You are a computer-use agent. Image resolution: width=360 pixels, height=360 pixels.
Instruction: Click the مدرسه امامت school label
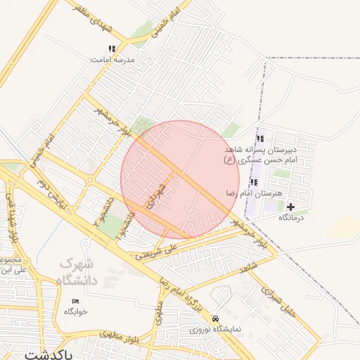pyautogui.click(x=112, y=60)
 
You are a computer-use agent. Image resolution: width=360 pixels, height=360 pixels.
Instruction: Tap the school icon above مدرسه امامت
pyautogui.click(x=112, y=49)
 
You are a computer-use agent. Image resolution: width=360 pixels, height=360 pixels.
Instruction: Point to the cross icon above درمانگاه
pyautogui.click(x=290, y=207)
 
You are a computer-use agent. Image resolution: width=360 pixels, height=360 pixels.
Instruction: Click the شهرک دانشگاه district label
pyautogui.click(x=79, y=274)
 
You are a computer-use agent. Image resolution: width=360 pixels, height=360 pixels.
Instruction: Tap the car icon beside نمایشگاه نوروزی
pyautogui.click(x=224, y=318)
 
